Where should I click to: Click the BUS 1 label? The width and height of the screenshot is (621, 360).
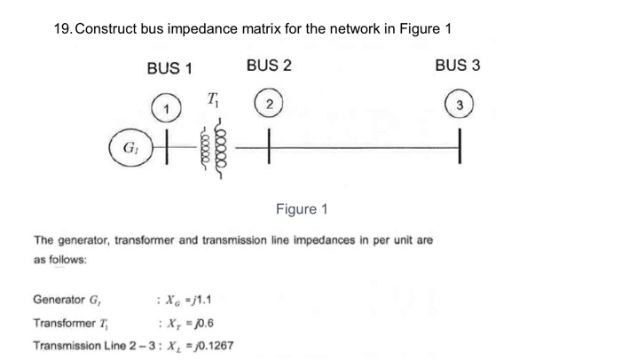click(x=169, y=68)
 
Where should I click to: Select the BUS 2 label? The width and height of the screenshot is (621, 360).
click(x=269, y=66)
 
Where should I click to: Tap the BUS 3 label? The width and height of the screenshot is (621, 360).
click(x=458, y=66)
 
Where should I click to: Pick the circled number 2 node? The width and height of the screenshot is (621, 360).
click(x=267, y=106)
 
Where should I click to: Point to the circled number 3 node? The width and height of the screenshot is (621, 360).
click(x=460, y=106)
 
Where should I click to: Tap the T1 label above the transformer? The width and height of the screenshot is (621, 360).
click(x=213, y=98)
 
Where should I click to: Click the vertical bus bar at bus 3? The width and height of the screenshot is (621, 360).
click(x=460, y=146)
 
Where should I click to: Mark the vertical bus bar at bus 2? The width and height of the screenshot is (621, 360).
click(x=269, y=146)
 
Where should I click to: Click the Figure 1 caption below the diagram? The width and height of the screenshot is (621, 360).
click(x=302, y=209)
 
